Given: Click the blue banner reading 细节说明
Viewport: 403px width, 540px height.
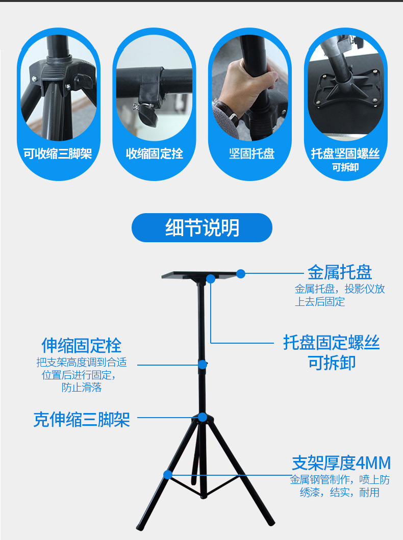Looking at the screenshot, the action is [202, 227].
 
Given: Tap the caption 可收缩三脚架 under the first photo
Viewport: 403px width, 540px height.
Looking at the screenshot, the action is [58, 153].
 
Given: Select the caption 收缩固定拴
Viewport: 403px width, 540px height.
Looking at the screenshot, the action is [154, 153].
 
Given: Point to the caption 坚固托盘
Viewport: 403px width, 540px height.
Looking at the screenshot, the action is [252, 153].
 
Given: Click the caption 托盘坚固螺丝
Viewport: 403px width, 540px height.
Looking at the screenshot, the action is [345, 153].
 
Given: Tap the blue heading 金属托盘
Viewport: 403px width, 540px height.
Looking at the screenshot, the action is [340, 272].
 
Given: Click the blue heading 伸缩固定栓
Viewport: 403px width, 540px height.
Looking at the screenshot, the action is [82, 345].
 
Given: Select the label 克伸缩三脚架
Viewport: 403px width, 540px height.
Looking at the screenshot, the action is [82, 420].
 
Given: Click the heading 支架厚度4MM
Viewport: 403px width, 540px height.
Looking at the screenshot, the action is [341, 463].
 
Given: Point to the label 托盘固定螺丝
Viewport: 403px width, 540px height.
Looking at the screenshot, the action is [332, 343].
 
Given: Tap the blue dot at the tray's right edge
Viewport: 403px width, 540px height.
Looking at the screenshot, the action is [241, 274].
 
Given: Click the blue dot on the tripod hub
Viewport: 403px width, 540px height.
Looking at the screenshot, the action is [203, 418].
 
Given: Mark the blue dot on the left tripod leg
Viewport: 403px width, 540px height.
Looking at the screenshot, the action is [168, 475].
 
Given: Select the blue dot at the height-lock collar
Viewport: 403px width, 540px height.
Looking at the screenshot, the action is [203, 365].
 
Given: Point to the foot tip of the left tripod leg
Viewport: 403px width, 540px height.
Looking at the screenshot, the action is [139, 527].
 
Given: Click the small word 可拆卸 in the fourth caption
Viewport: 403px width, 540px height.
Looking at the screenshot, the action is [345, 167].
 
